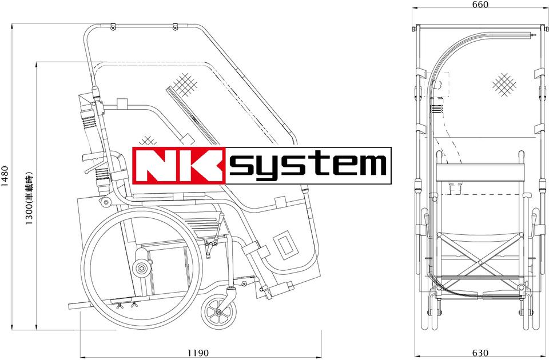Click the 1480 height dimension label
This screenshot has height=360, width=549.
[x=5, y=176]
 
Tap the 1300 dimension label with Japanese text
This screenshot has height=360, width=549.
[x=29, y=198]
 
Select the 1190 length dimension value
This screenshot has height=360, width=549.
[x=198, y=353]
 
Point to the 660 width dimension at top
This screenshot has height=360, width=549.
[x=480, y=5]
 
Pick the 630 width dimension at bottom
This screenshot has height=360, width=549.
[x=480, y=353]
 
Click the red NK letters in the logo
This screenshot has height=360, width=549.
[x=179, y=166]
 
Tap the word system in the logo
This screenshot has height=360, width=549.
[x=308, y=166]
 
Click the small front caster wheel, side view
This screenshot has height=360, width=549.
[x=218, y=312]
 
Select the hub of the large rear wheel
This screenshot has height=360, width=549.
[x=141, y=269]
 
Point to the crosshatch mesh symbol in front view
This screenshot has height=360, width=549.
[x=504, y=85]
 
